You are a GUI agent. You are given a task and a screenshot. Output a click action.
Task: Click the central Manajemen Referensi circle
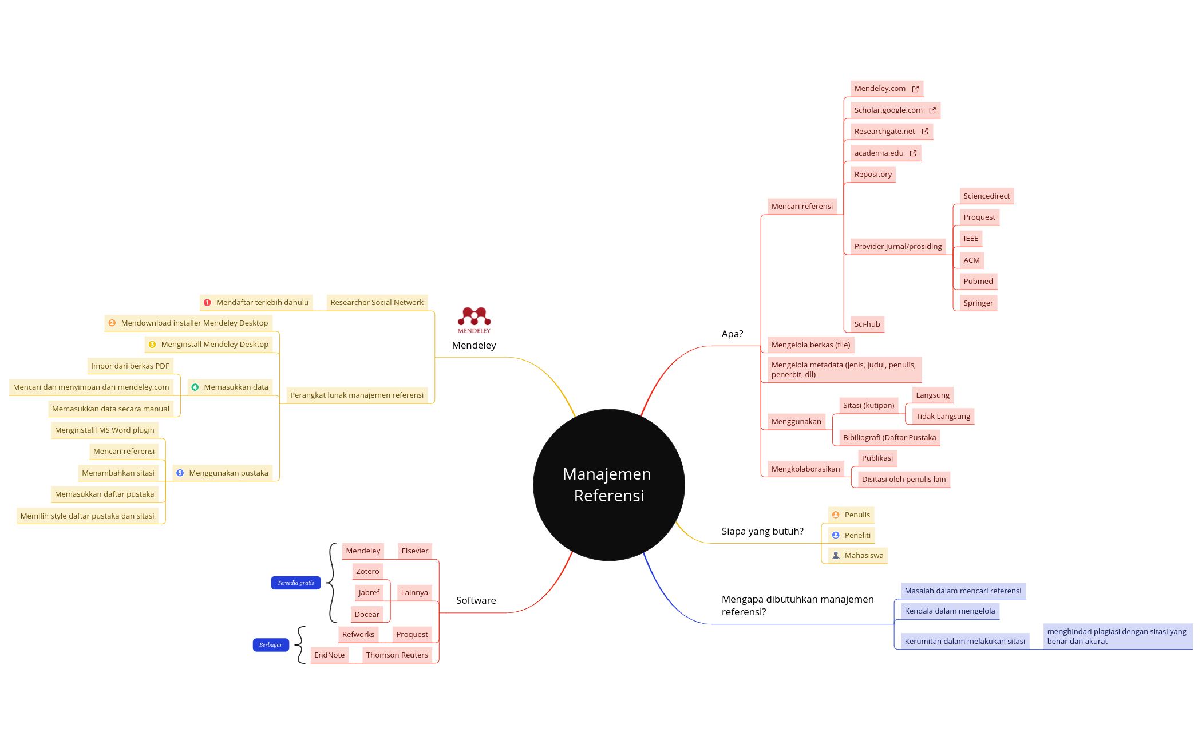[608, 485]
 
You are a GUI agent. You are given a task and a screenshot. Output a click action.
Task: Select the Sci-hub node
[867, 324]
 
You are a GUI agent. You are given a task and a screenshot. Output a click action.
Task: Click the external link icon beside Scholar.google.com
[932, 110]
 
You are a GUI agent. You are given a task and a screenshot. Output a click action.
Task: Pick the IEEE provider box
[970, 238]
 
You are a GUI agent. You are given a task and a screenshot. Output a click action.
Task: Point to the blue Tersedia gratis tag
[295, 583]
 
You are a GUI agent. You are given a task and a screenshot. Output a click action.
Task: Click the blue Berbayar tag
[271, 644]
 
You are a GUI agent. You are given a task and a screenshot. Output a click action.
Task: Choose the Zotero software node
[367, 571]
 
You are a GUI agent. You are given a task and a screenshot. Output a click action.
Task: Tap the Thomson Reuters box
[397, 655]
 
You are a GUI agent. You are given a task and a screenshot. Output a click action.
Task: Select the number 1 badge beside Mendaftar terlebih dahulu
[207, 302]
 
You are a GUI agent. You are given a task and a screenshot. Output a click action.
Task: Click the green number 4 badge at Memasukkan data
[195, 387]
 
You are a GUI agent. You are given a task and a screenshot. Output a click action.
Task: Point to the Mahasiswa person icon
[836, 555]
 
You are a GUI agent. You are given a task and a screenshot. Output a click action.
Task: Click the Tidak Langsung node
[943, 416]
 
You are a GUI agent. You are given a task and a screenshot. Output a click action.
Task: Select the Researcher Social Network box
[377, 302]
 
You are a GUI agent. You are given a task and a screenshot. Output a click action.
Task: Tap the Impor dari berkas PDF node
[130, 366]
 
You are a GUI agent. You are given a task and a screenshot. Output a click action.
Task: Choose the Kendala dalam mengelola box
[950, 611]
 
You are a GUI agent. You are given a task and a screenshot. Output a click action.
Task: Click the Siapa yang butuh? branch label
[762, 531]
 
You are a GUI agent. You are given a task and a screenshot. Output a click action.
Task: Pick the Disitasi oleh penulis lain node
[903, 479]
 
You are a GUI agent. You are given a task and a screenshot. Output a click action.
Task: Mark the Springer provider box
[978, 303]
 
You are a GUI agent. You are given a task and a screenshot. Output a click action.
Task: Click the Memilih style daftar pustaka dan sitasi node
[88, 516]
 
